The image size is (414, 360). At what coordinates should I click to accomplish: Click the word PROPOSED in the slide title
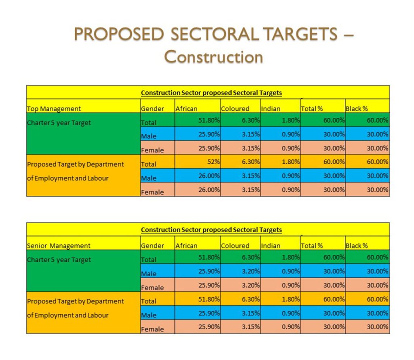(120, 34)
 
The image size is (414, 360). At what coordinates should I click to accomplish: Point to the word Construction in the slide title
(214, 57)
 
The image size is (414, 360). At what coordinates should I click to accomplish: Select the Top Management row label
(54, 108)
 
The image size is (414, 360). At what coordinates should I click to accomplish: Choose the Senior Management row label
(59, 246)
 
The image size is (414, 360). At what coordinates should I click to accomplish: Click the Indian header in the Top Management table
(271, 108)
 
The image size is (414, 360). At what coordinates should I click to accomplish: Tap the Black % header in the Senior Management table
(356, 246)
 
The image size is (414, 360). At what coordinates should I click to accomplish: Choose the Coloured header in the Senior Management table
(235, 246)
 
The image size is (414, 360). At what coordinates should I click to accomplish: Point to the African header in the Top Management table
(186, 108)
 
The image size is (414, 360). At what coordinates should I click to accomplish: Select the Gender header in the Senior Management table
(152, 246)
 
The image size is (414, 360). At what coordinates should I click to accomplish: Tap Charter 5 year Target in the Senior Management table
(59, 260)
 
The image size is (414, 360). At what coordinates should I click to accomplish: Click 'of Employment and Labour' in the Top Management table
(68, 178)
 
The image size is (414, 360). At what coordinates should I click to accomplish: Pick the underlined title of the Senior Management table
(211, 230)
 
